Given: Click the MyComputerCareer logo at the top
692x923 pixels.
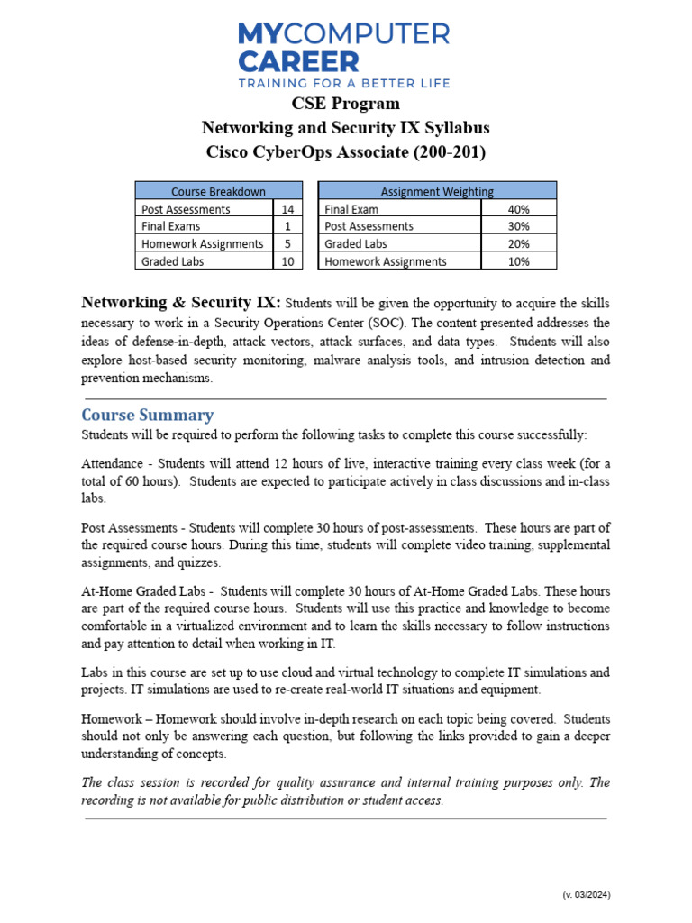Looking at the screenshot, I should pyautogui.click(x=344, y=48).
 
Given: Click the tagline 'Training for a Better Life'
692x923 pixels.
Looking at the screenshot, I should pyautogui.click(x=344, y=82).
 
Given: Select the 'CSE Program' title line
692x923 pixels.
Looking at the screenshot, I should pyautogui.click(x=345, y=104).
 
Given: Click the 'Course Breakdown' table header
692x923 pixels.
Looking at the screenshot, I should pyautogui.click(x=218, y=191).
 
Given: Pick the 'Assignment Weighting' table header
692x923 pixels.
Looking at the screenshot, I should pyautogui.click(x=437, y=191).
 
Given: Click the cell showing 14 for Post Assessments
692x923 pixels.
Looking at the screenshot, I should pyautogui.click(x=287, y=209).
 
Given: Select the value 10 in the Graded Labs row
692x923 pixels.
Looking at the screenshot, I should pyautogui.click(x=287, y=261).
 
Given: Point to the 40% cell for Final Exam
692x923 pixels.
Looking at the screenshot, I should pyautogui.click(x=518, y=209).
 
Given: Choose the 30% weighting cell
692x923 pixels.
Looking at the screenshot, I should pyautogui.click(x=518, y=226).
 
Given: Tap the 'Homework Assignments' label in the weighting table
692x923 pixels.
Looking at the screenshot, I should pyautogui.click(x=386, y=261).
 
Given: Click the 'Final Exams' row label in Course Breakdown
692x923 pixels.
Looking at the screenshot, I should pyautogui.click(x=171, y=226).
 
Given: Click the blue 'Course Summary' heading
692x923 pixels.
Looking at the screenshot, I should pyautogui.click(x=148, y=416).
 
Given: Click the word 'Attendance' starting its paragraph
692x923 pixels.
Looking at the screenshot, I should pyautogui.click(x=113, y=464).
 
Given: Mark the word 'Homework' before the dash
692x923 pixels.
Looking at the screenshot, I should pyautogui.click(x=112, y=719).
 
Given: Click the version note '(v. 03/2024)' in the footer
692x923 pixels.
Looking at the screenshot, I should pyautogui.click(x=586, y=895).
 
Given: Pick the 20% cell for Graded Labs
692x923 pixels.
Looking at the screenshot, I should pyautogui.click(x=518, y=243).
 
